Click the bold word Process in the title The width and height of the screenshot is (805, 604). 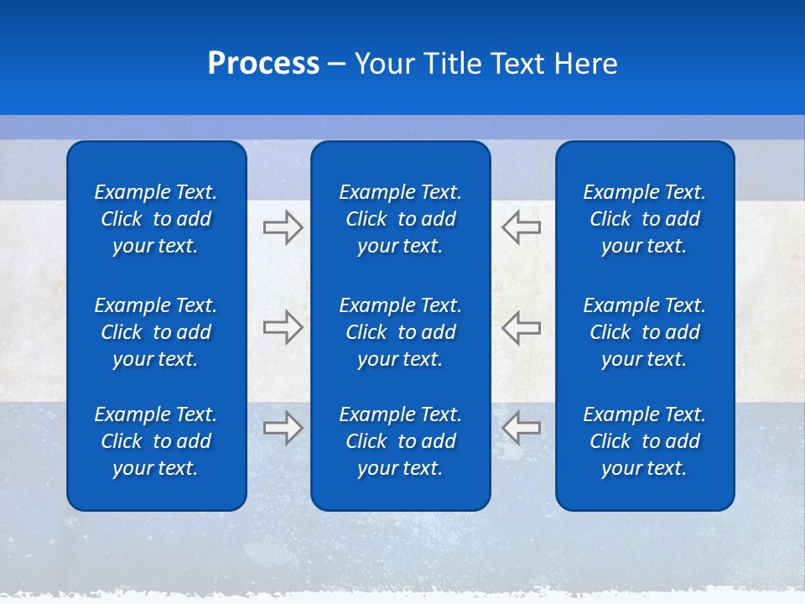click(263, 64)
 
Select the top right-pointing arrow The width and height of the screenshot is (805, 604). click(283, 227)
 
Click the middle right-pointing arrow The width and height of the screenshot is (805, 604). click(283, 327)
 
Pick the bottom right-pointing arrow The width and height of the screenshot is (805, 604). click(283, 428)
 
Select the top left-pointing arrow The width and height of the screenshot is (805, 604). click(522, 227)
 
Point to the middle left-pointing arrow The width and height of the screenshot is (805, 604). click(522, 327)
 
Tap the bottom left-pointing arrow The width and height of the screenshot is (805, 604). click(522, 428)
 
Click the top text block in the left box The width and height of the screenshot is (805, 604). click(156, 219)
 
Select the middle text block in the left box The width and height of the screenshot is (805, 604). click(156, 332)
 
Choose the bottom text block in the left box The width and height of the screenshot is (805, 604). click(156, 441)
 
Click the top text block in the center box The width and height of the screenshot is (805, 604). click(400, 219)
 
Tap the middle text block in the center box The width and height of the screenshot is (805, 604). click(400, 332)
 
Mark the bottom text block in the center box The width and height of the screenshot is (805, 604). click(400, 441)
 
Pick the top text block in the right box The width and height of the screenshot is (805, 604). click(644, 219)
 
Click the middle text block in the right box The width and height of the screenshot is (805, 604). click(644, 332)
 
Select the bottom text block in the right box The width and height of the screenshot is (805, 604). click(644, 441)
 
